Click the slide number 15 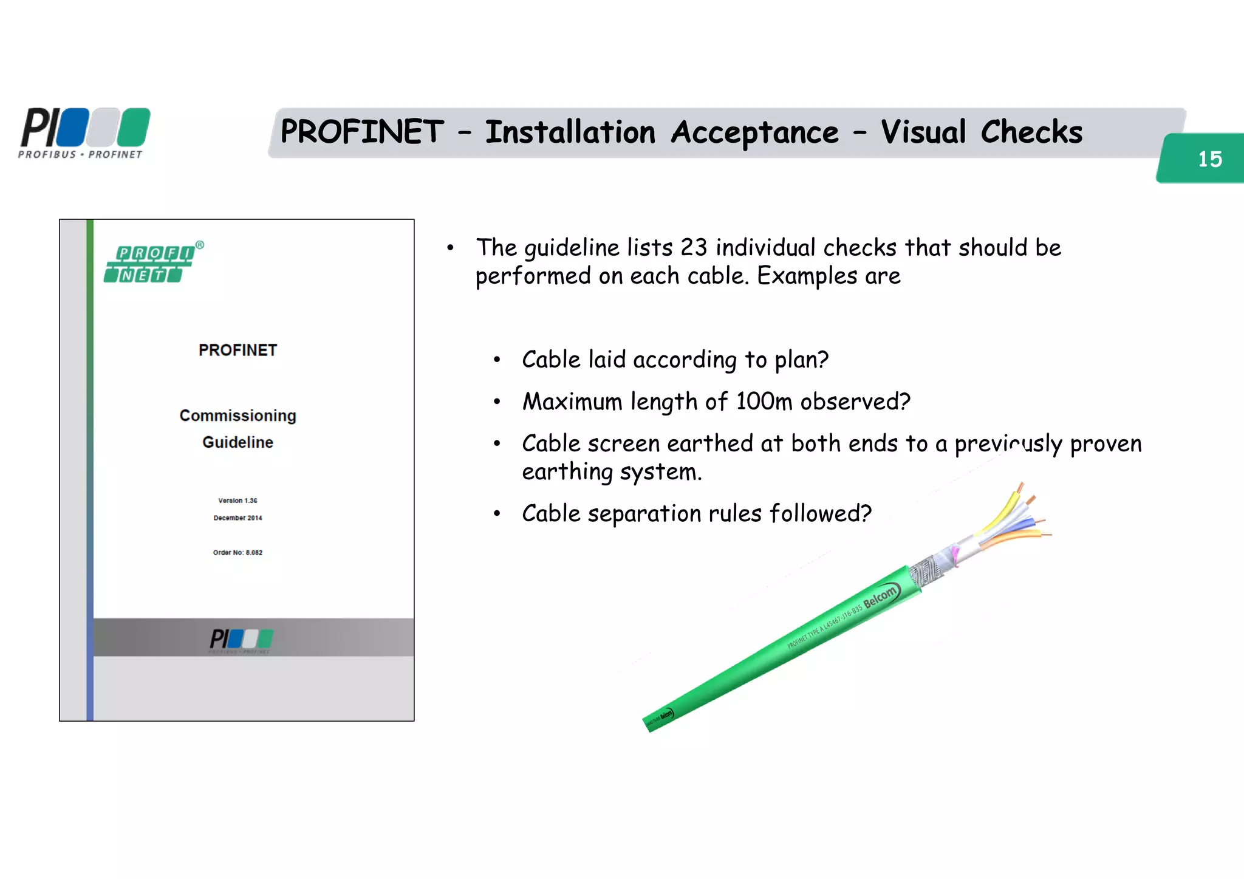1209,159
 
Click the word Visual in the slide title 923,132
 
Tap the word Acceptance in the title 754,132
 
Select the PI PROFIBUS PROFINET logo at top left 84,133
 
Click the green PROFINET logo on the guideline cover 152,264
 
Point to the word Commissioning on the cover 238,416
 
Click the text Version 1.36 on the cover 238,501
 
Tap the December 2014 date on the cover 238,518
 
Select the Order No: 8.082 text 238,553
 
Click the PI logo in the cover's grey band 241,640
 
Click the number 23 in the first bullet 693,248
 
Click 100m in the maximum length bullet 764,402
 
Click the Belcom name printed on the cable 880,596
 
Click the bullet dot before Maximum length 497,402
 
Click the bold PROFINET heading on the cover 238,350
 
